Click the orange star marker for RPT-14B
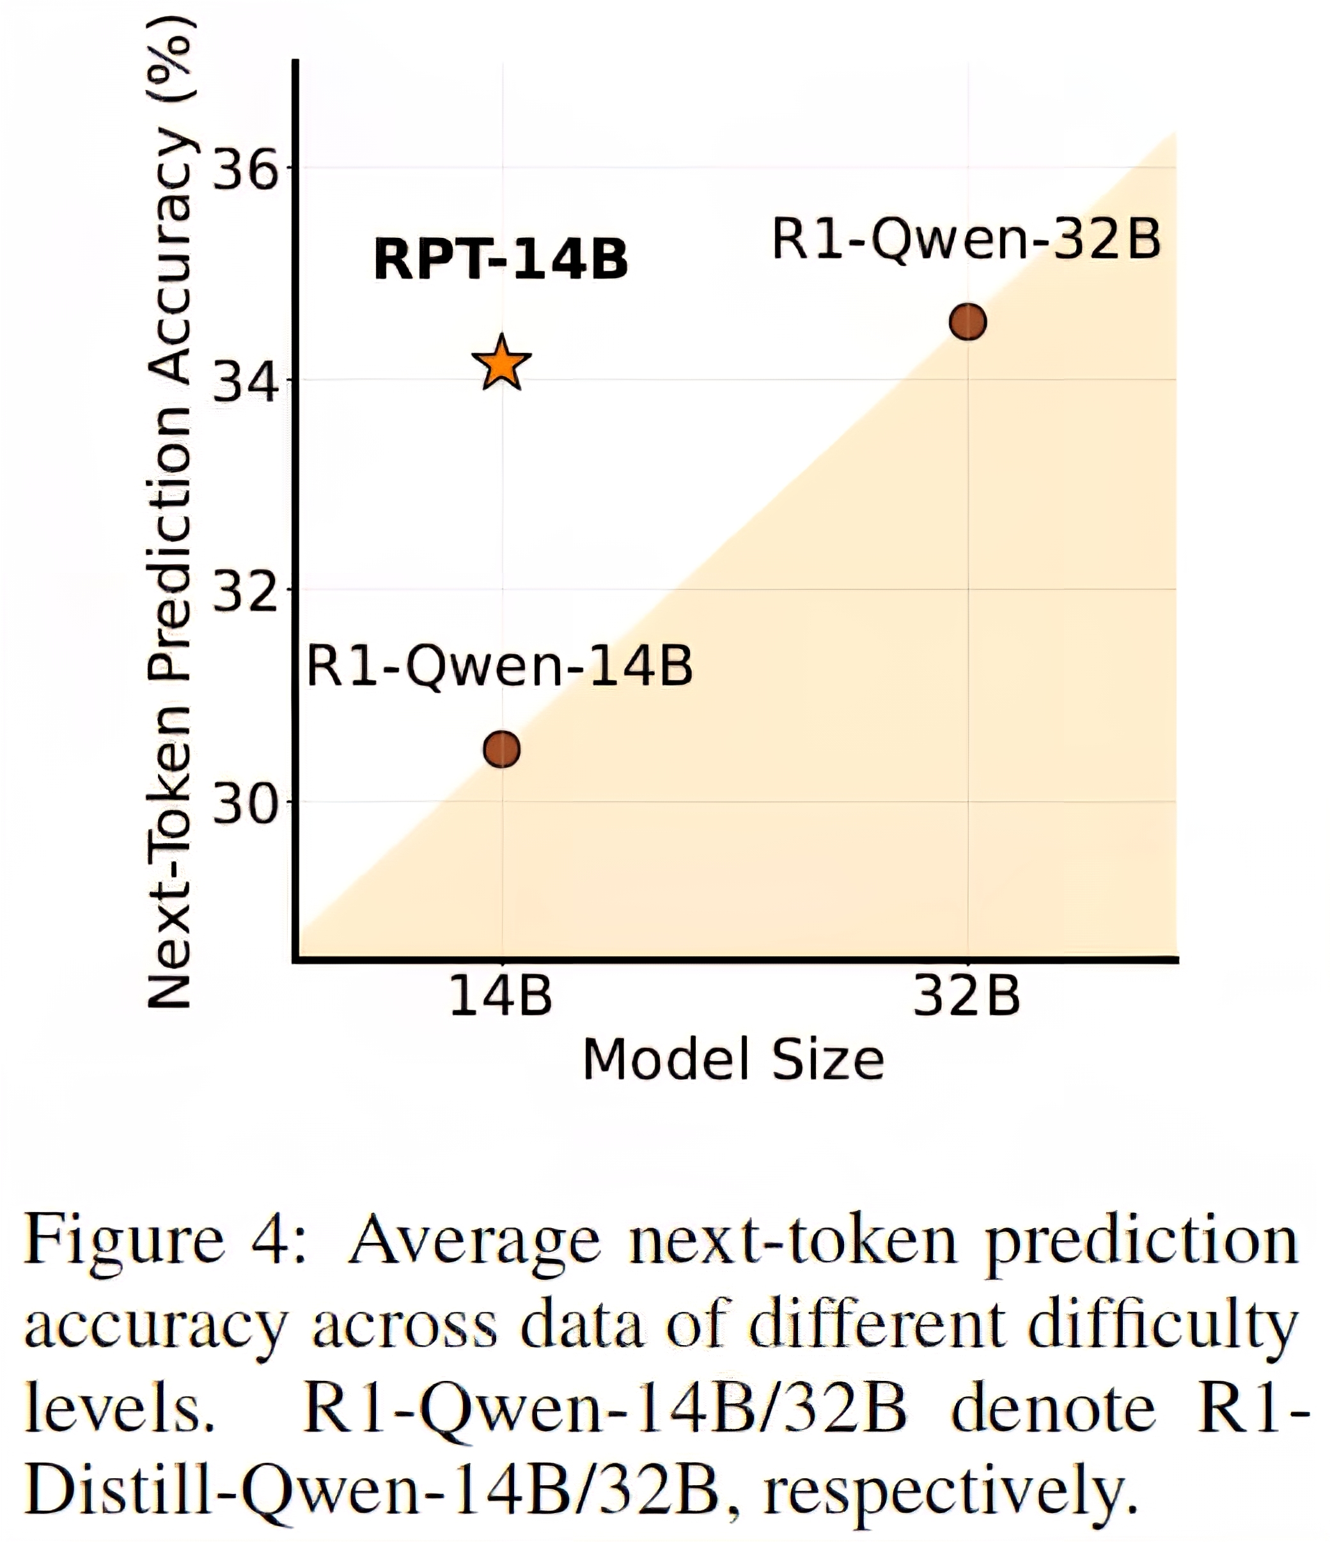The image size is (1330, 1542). click(x=503, y=363)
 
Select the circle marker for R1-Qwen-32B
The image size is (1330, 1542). click(x=967, y=322)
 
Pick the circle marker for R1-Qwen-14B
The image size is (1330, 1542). click(x=502, y=749)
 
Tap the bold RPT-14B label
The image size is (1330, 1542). click(x=501, y=259)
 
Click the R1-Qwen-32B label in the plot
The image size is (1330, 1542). click(x=966, y=239)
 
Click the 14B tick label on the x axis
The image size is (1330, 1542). click(x=501, y=996)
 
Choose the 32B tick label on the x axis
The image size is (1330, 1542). click(x=967, y=996)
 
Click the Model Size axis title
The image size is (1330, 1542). click(x=733, y=1060)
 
